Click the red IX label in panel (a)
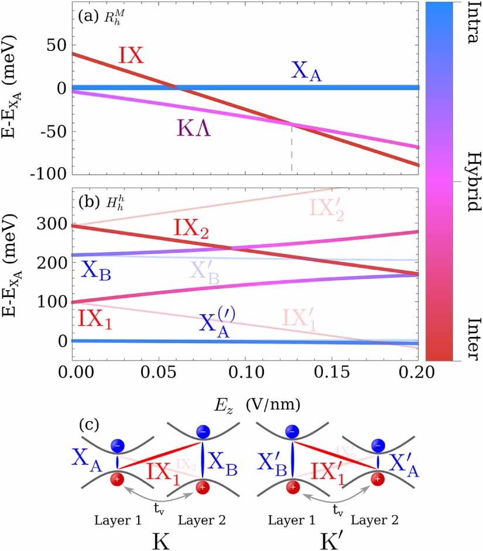[x=132, y=55]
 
